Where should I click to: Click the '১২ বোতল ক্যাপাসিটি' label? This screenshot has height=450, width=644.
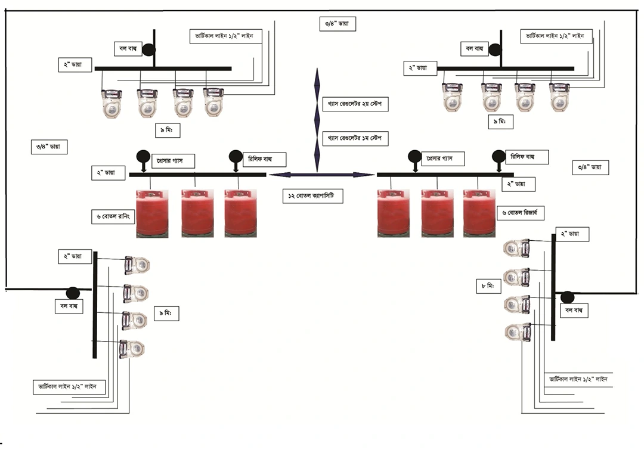[x=312, y=196]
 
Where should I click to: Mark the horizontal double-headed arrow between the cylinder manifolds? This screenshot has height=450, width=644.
[x=321, y=175]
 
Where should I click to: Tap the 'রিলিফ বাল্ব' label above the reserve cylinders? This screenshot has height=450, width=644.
[x=527, y=157]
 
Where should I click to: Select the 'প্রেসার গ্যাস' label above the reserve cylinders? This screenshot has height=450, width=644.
[x=442, y=159]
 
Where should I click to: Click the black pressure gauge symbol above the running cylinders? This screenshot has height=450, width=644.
[x=144, y=156]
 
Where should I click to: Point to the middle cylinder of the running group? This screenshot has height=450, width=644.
[x=197, y=213]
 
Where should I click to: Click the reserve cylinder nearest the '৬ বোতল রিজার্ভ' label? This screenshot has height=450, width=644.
[x=479, y=213]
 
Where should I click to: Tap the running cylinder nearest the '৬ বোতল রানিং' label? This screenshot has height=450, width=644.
[x=152, y=213]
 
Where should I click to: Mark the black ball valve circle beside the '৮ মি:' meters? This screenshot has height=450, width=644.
[x=566, y=296]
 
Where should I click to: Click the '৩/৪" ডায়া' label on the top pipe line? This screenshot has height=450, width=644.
[x=338, y=24]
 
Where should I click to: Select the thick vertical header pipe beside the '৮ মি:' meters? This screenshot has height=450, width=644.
[x=553, y=286]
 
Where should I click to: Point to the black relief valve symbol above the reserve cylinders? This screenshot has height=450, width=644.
[x=498, y=156]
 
